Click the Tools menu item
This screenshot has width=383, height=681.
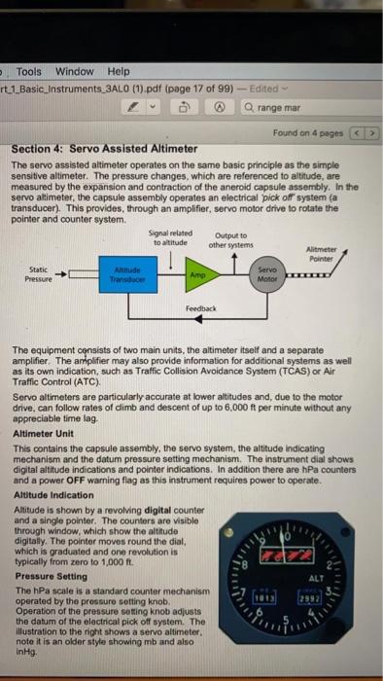coord(28,71)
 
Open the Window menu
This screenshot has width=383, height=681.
coord(74,71)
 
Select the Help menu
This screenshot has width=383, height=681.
coord(118,71)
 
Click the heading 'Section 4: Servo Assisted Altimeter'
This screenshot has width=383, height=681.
coord(105,149)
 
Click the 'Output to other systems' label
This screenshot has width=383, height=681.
coord(230,236)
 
